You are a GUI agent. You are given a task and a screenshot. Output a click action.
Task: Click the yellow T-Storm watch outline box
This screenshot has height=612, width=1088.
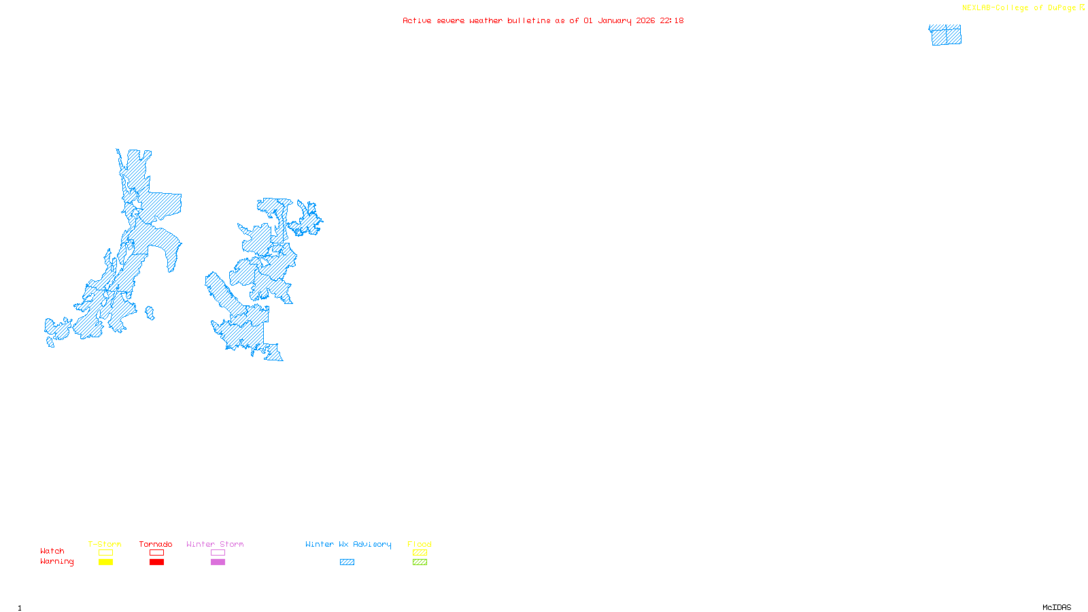pos(105,553)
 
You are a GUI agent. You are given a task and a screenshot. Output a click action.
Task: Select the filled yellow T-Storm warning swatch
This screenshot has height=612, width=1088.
pos(105,562)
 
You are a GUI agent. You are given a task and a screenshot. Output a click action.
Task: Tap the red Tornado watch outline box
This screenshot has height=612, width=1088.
pos(156,553)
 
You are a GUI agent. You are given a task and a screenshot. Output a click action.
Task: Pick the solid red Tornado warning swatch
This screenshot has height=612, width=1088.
pos(156,562)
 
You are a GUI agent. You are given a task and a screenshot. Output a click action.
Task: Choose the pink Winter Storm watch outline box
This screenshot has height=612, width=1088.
pos(218,553)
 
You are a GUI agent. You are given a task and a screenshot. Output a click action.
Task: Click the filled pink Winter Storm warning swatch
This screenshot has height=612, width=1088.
pos(218,562)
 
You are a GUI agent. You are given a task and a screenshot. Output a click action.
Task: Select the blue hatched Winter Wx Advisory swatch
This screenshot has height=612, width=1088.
pos(347,562)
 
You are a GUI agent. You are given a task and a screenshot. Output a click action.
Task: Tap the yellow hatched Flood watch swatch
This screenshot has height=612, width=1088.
pos(420,553)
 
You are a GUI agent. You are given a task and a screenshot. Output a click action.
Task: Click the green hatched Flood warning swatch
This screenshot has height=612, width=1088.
pos(420,562)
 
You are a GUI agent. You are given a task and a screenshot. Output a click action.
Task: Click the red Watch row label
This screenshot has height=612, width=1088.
pos(52,551)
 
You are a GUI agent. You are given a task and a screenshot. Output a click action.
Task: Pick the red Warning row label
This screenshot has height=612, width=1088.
pos(56,562)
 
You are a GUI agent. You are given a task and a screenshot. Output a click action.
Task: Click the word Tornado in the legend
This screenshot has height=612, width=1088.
pos(156,544)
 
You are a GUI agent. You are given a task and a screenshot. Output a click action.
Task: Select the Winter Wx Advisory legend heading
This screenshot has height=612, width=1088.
pos(348,544)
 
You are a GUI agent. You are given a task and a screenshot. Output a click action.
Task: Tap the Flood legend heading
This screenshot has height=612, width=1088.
pos(420,544)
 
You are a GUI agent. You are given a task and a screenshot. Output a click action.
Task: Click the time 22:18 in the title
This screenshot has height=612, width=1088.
pos(671,20)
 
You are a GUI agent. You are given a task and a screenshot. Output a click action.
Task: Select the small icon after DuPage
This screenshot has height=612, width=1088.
pos(1082,7)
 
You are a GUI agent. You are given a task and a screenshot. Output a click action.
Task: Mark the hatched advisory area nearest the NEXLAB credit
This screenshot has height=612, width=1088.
pos(945,35)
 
